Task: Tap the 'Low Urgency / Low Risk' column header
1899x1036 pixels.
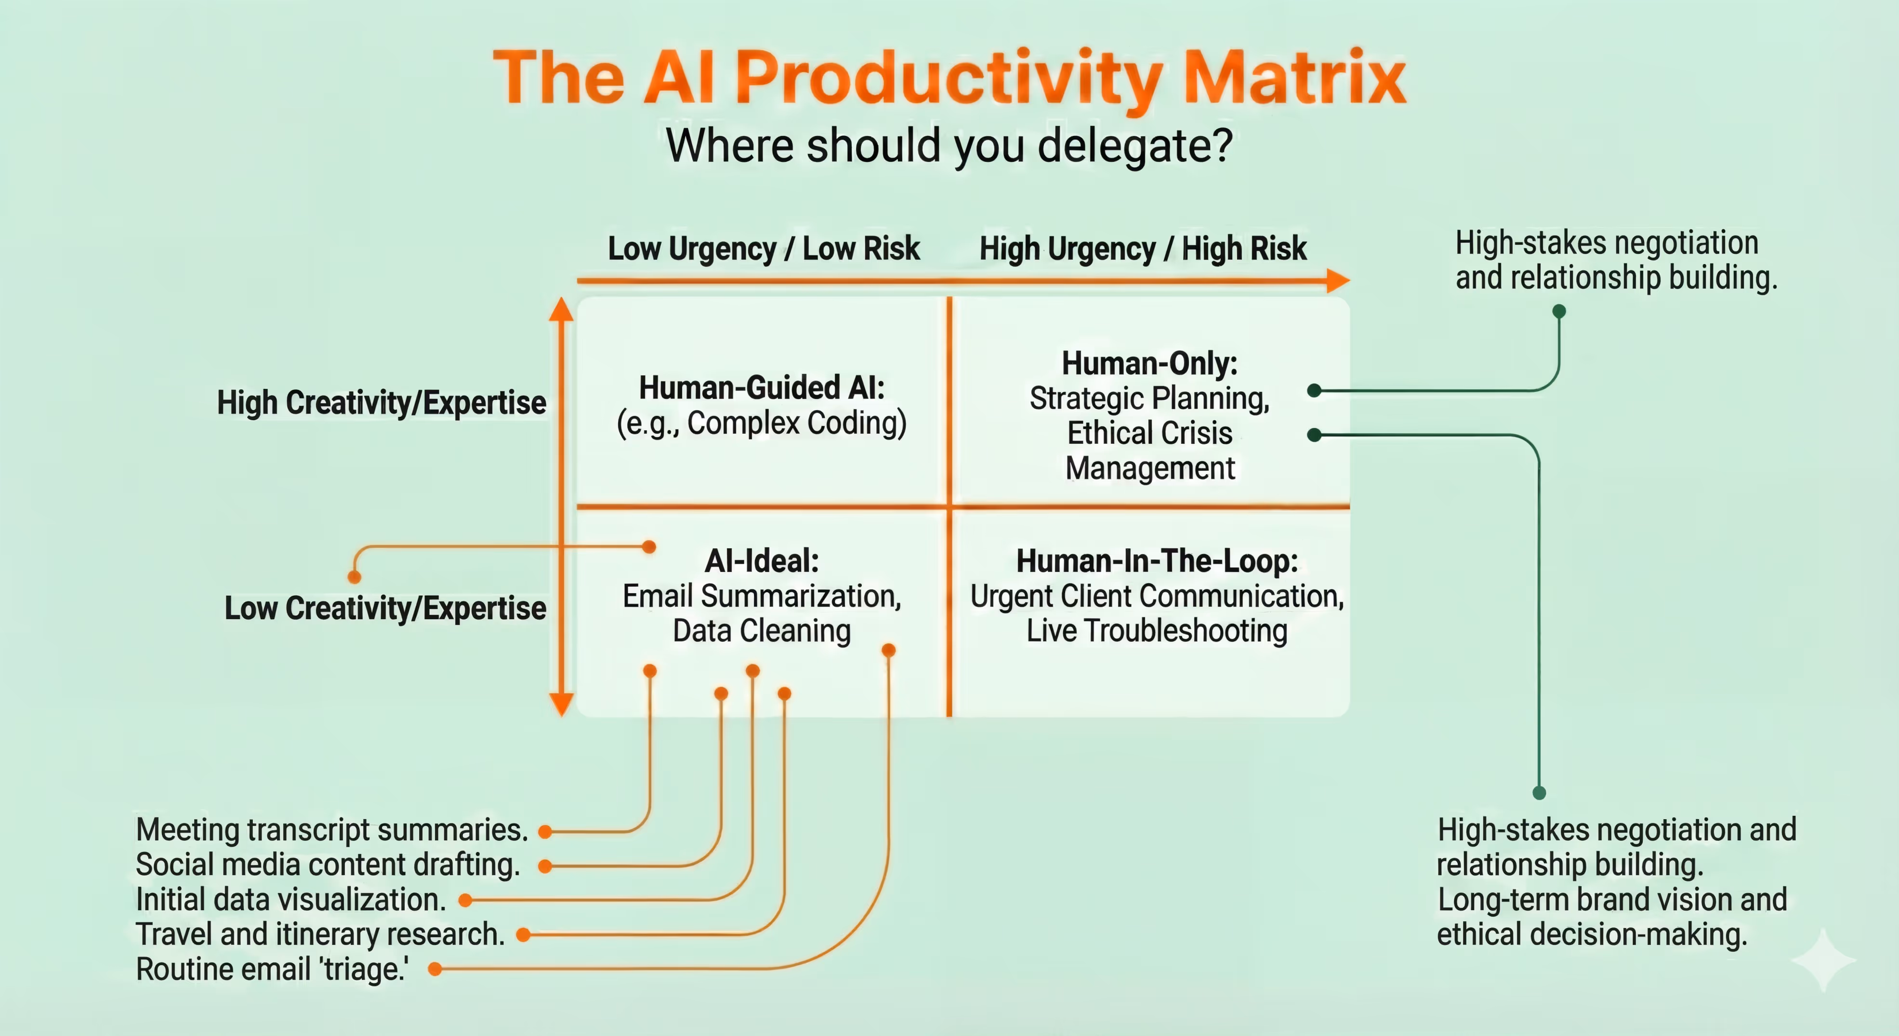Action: click(x=764, y=249)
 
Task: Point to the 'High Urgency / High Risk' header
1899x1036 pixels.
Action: click(x=1143, y=249)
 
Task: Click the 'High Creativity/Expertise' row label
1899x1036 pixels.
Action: click(x=381, y=403)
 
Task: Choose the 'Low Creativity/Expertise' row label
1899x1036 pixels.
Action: click(x=385, y=608)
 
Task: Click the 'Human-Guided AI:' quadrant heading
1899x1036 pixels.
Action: click(x=762, y=387)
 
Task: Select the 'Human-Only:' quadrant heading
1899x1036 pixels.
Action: click(x=1149, y=363)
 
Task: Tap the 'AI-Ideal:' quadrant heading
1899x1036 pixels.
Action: click(x=762, y=560)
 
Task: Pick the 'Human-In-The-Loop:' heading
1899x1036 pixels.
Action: click(x=1157, y=560)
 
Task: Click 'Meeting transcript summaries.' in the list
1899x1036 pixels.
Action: click(x=332, y=830)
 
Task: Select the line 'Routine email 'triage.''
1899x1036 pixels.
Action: click(x=272, y=969)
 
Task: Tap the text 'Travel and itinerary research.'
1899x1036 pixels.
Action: click(x=320, y=934)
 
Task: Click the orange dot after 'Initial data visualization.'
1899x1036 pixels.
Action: click(x=465, y=900)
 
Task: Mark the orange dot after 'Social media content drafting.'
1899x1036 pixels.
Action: click(x=545, y=866)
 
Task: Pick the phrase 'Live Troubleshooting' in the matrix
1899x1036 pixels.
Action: click(x=1157, y=631)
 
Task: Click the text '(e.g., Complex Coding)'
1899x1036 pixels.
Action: click(x=762, y=423)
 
